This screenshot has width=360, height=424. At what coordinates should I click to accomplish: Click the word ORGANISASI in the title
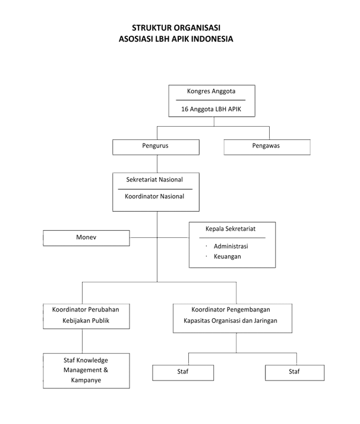pyautogui.click(x=197, y=27)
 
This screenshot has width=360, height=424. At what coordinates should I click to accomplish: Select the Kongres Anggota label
pyautogui.click(x=211, y=92)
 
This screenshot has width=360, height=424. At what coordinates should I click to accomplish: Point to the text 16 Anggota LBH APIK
pyautogui.click(x=211, y=109)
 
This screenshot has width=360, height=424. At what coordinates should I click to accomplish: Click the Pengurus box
pyautogui.click(x=156, y=147)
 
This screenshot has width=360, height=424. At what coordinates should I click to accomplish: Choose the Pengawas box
pyautogui.click(x=267, y=147)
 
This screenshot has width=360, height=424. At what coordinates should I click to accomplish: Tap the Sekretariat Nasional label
pyautogui.click(x=154, y=180)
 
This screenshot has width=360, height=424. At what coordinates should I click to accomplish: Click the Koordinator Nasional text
pyautogui.click(x=154, y=196)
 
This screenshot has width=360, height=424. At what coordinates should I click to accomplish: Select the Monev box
pyautogui.click(x=86, y=238)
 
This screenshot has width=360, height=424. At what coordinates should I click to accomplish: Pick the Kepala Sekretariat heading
pyautogui.click(x=230, y=229)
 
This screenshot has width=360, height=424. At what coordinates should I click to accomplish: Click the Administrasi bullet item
pyautogui.click(x=231, y=246)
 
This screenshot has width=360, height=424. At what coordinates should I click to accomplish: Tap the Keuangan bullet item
pyautogui.click(x=228, y=256)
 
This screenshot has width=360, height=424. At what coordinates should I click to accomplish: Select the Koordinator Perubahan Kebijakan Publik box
pyautogui.click(x=86, y=316)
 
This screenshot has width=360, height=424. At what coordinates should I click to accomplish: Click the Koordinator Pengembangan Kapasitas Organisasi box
pyautogui.click(x=232, y=318)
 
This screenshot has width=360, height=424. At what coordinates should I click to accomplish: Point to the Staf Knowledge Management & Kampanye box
pyautogui.click(x=86, y=370)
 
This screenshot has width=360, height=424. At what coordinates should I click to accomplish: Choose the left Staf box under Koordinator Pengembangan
pyautogui.click(x=183, y=373)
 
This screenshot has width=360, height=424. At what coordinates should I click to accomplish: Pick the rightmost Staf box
pyautogui.click(x=295, y=373)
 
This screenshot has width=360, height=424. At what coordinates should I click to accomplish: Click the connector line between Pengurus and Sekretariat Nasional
pyautogui.click(x=157, y=164)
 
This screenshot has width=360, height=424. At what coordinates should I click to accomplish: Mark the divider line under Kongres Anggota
pyautogui.click(x=211, y=100)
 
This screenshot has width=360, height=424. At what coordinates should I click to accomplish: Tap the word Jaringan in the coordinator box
pyautogui.click(x=266, y=321)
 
